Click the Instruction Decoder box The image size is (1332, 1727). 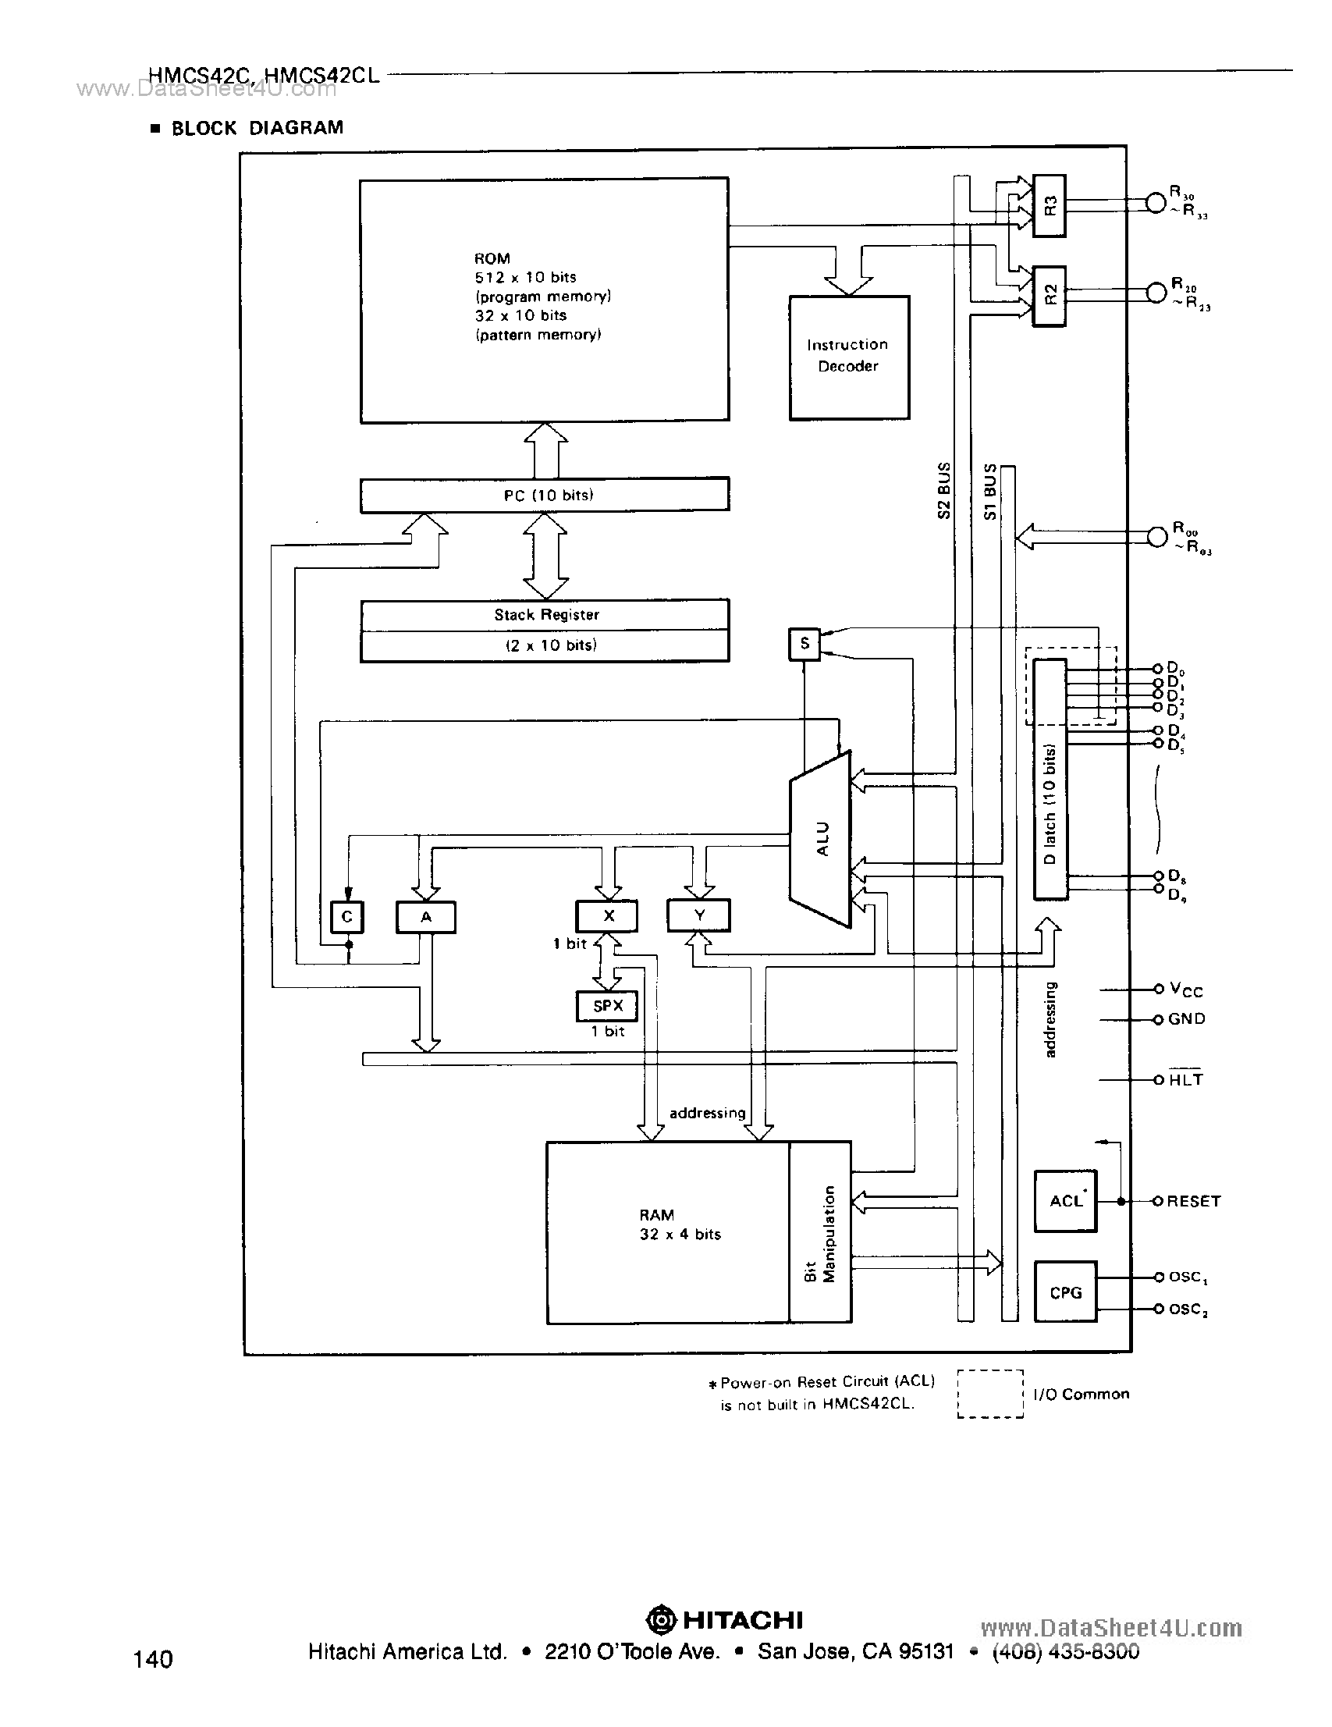tap(849, 357)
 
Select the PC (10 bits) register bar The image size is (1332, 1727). tap(544, 495)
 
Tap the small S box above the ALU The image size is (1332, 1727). tap(805, 644)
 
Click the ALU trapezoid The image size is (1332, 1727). tap(822, 838)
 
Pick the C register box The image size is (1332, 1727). tap(346, 917)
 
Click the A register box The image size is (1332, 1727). tap(425, 917)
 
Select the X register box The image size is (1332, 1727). tap(607, 915)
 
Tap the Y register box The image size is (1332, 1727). tap(698, 915)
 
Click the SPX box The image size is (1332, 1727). tap(607, 1006)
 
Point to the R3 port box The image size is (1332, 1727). tap(1049, 205)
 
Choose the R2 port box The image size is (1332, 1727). tap(1049, 295)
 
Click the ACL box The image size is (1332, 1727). tap(1065, 1201)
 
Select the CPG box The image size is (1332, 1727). tap(1065, 1292)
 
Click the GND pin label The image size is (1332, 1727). tap(1186, 1019)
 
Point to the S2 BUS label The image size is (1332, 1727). tap(943, 490)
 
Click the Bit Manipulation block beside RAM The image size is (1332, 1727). tap(820, 1233)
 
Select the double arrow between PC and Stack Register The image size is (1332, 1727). tap(545, 555)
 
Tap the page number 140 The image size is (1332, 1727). tap(153, 1658)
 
